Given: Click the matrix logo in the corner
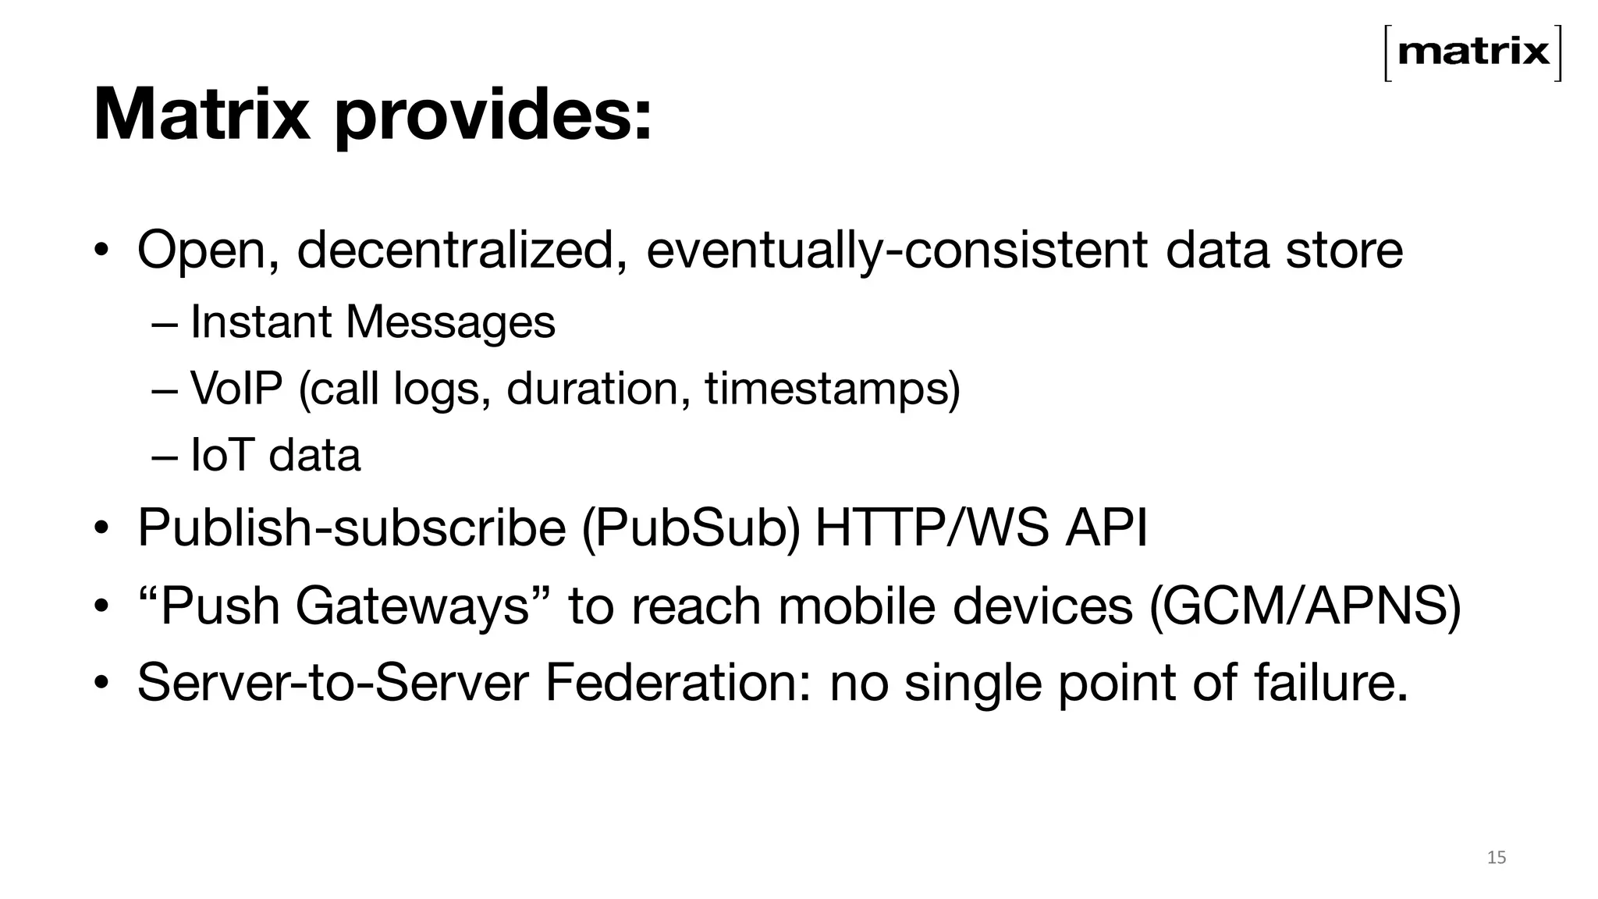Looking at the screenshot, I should pyautogui.click(x=1473, y=53).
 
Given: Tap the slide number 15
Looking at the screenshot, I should pyautogui.click(x=1497, y=858).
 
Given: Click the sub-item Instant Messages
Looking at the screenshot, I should pyautogui.click(x=373, y=322).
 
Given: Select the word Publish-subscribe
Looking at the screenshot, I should pyautogui.click(x=351, y=528).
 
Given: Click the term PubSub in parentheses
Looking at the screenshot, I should pyautogui.click(x=691, y=528).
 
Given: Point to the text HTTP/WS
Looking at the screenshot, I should pyautogui.click(x=932, y=528).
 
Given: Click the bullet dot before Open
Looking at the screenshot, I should pyautogui.click(x=101, y=251).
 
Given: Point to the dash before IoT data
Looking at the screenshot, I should pyautogui.click(x=165, y=456).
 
